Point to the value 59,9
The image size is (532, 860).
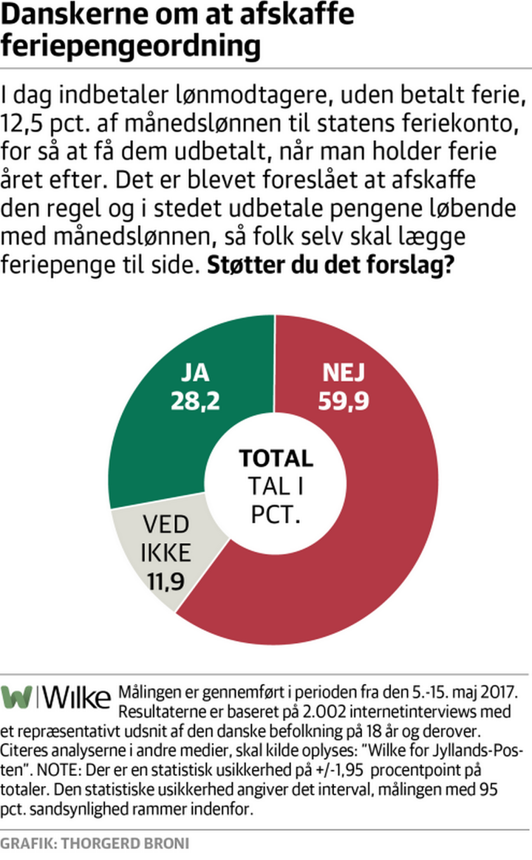[x=343, y=400]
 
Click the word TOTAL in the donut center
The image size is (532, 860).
[x=276, y=458]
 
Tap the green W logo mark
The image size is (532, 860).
[x=16, y=697]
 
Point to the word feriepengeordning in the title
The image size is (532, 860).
[x=131, y=46]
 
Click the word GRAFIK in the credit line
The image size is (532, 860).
[x=27, y=842]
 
